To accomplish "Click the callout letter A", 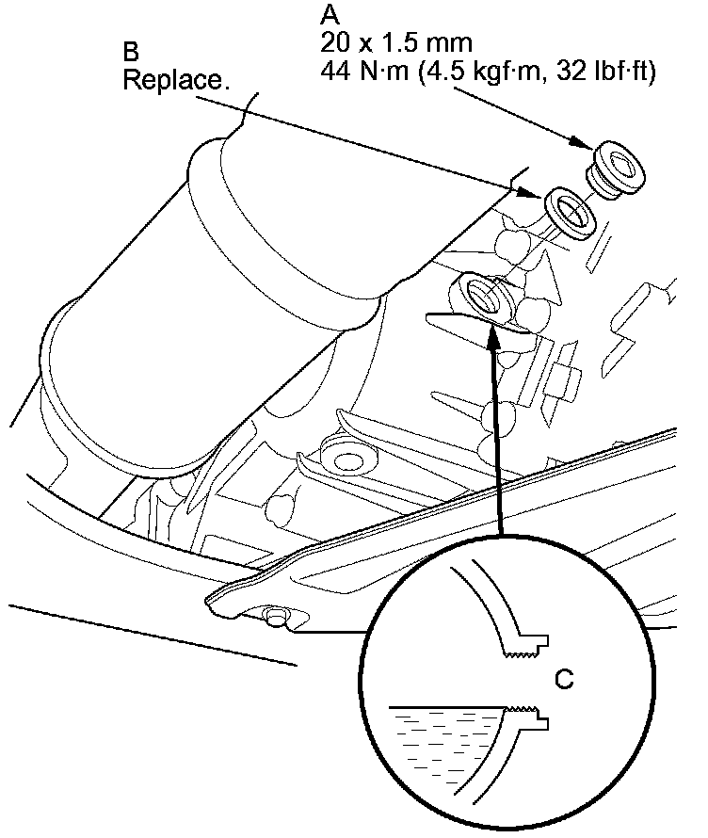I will [x=330, y=15].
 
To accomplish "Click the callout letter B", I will [x=132, y=49].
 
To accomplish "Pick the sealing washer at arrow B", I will [x=571, y=211].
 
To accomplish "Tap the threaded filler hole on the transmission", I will [x=482, y=295].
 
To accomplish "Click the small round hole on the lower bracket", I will [x=275, y=617].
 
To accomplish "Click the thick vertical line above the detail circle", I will [x=498, y=443].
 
